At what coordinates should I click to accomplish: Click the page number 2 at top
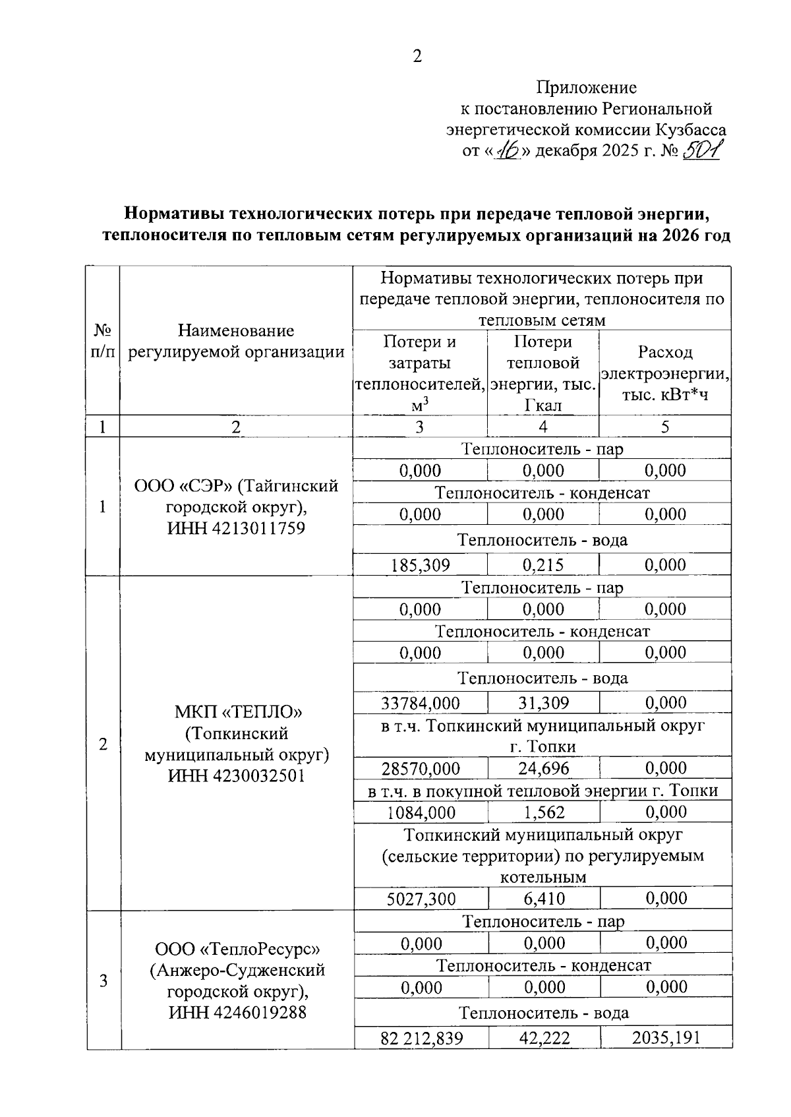pos(417,57)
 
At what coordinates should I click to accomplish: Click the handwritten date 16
pos(508,152)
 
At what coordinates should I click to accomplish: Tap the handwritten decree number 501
pos(703,151)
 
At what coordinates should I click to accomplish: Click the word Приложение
pos(586,88)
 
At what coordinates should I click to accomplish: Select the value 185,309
pos(420,565)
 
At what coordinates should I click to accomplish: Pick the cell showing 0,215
pos(543,565)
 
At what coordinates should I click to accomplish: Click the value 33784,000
pos(421,703)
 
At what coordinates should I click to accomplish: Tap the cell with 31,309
pos(543,703)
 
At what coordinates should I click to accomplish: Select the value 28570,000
pos(421,768)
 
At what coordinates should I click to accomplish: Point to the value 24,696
pos(543,768)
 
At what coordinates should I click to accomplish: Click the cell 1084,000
pos(421,812)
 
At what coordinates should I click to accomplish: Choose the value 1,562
pos(543,812)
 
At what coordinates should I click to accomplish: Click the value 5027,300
pos(421,899)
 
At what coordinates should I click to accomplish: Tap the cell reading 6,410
pos(543,899)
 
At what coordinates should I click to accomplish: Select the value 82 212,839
pos(421,1039)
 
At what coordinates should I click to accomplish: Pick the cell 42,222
pos(544,1039)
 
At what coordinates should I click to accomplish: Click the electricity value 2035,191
pos(666,1039)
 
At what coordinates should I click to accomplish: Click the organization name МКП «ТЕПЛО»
pos(237,712)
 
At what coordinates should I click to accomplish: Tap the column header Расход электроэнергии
pos(665,374)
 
